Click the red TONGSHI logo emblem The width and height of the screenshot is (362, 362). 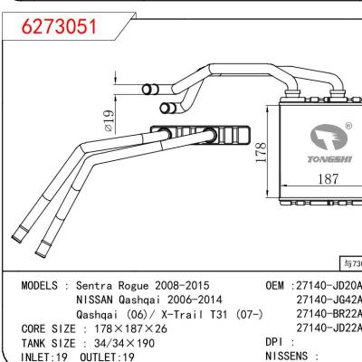326,137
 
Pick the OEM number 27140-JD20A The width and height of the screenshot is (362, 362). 329,285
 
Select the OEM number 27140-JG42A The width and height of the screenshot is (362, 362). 329,300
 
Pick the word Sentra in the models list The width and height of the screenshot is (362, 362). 99,285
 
